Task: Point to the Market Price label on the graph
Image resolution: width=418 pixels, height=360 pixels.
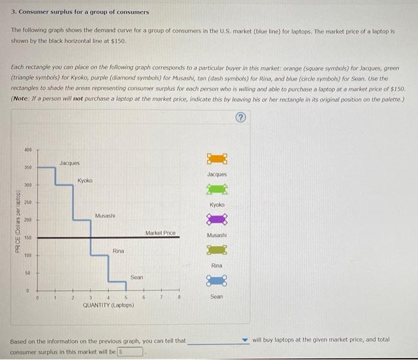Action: click(x=160, y=232)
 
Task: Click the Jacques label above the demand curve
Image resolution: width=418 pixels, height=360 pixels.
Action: click(x=69, y=162)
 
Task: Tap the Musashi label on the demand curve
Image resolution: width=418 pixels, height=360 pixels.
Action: click(x=105, y=215)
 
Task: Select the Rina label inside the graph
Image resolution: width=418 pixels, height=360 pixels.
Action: click(x=118, y=251)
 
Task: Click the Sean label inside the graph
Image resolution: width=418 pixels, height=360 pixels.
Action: click(x=137, y=277)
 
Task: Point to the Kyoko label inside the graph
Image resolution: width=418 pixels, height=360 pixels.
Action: click(x=85, y=180)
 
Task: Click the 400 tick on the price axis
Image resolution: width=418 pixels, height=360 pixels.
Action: click(x=28, y=149)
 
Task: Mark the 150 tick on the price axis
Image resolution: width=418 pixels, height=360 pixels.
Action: click(x=28, y=238)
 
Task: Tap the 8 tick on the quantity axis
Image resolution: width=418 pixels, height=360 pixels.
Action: click(x=179, y=297)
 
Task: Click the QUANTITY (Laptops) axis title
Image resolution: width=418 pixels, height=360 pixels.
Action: click(x=108, y=305)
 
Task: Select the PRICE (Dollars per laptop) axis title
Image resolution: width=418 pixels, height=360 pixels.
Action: click(x=19, y=221)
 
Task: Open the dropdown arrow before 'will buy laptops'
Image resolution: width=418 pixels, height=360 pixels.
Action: click(x=244, y=341)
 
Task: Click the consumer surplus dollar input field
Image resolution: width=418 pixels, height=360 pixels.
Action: click(x=130, y=352)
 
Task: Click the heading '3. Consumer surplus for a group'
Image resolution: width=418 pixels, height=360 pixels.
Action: click(x=80, y=12)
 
